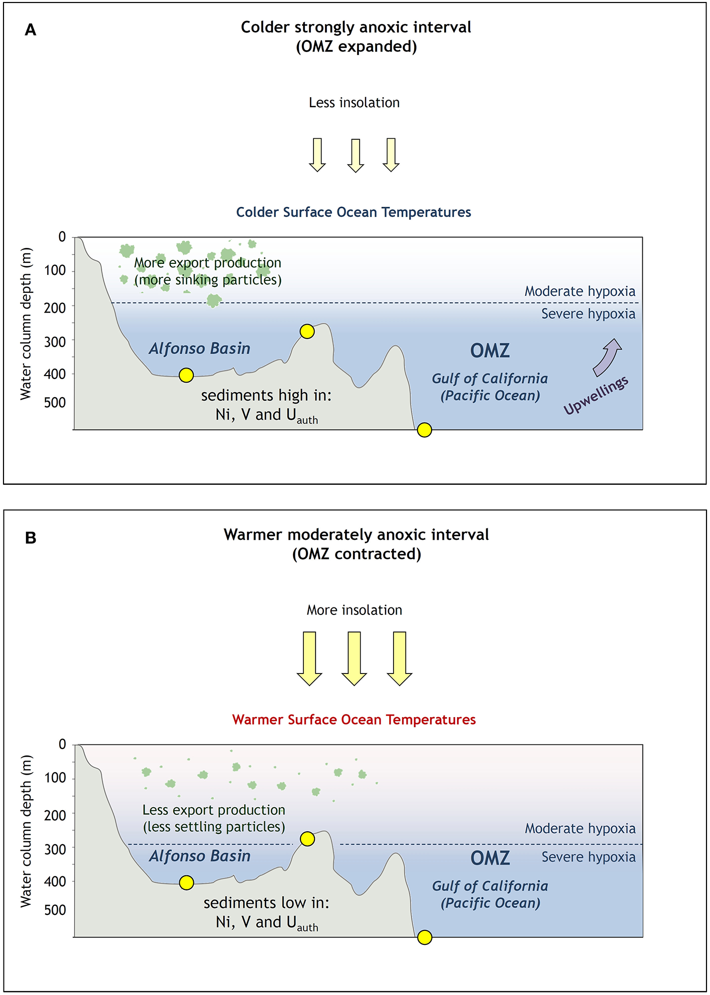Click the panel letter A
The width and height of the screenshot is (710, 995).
click(x=31, y=31)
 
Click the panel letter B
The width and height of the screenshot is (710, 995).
click(x=31, y=538)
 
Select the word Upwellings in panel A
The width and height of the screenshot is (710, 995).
click(x=596, y=395)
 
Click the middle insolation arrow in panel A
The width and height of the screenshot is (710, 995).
click(x=356, y=155)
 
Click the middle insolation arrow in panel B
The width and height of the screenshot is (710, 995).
click(x=354, y=658)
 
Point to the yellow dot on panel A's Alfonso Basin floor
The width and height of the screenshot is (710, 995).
click(x=186, y=375)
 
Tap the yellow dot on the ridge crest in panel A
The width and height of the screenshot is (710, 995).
click(x=307, y=331)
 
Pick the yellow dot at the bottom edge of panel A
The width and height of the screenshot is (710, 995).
click(x=424, y=430)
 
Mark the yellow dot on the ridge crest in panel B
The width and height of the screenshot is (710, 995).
click(x=307, y=839)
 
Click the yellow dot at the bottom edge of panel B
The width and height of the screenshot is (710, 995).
click(x=425, y=937)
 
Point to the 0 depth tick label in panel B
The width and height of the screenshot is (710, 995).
click(x=62, y=744)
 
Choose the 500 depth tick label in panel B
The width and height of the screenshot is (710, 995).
click(x=55, y=910)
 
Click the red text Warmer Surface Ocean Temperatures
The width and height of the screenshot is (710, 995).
click(x=354, y=720)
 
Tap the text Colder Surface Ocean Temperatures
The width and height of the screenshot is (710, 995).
click(x=353, y=212)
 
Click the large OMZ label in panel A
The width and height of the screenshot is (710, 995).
click(x=490, y=351)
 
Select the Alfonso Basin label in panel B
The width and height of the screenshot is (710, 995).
click(x=200, y=856)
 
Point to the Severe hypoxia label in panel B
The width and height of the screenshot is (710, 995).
click(x=588, y=857)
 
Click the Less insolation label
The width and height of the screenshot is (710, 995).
click(x=354, y=103)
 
